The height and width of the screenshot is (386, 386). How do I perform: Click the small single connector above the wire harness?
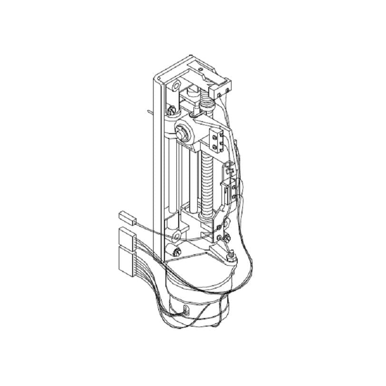coord(126,217)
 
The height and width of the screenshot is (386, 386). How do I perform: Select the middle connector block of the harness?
coord(126,236)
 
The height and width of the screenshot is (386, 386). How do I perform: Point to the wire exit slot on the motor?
coord(185,311)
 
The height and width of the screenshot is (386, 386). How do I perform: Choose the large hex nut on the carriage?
coord(183,133)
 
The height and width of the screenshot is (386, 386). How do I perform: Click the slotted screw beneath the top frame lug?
coord(170,112)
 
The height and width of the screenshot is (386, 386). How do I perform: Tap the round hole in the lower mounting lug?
coord(176,235)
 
